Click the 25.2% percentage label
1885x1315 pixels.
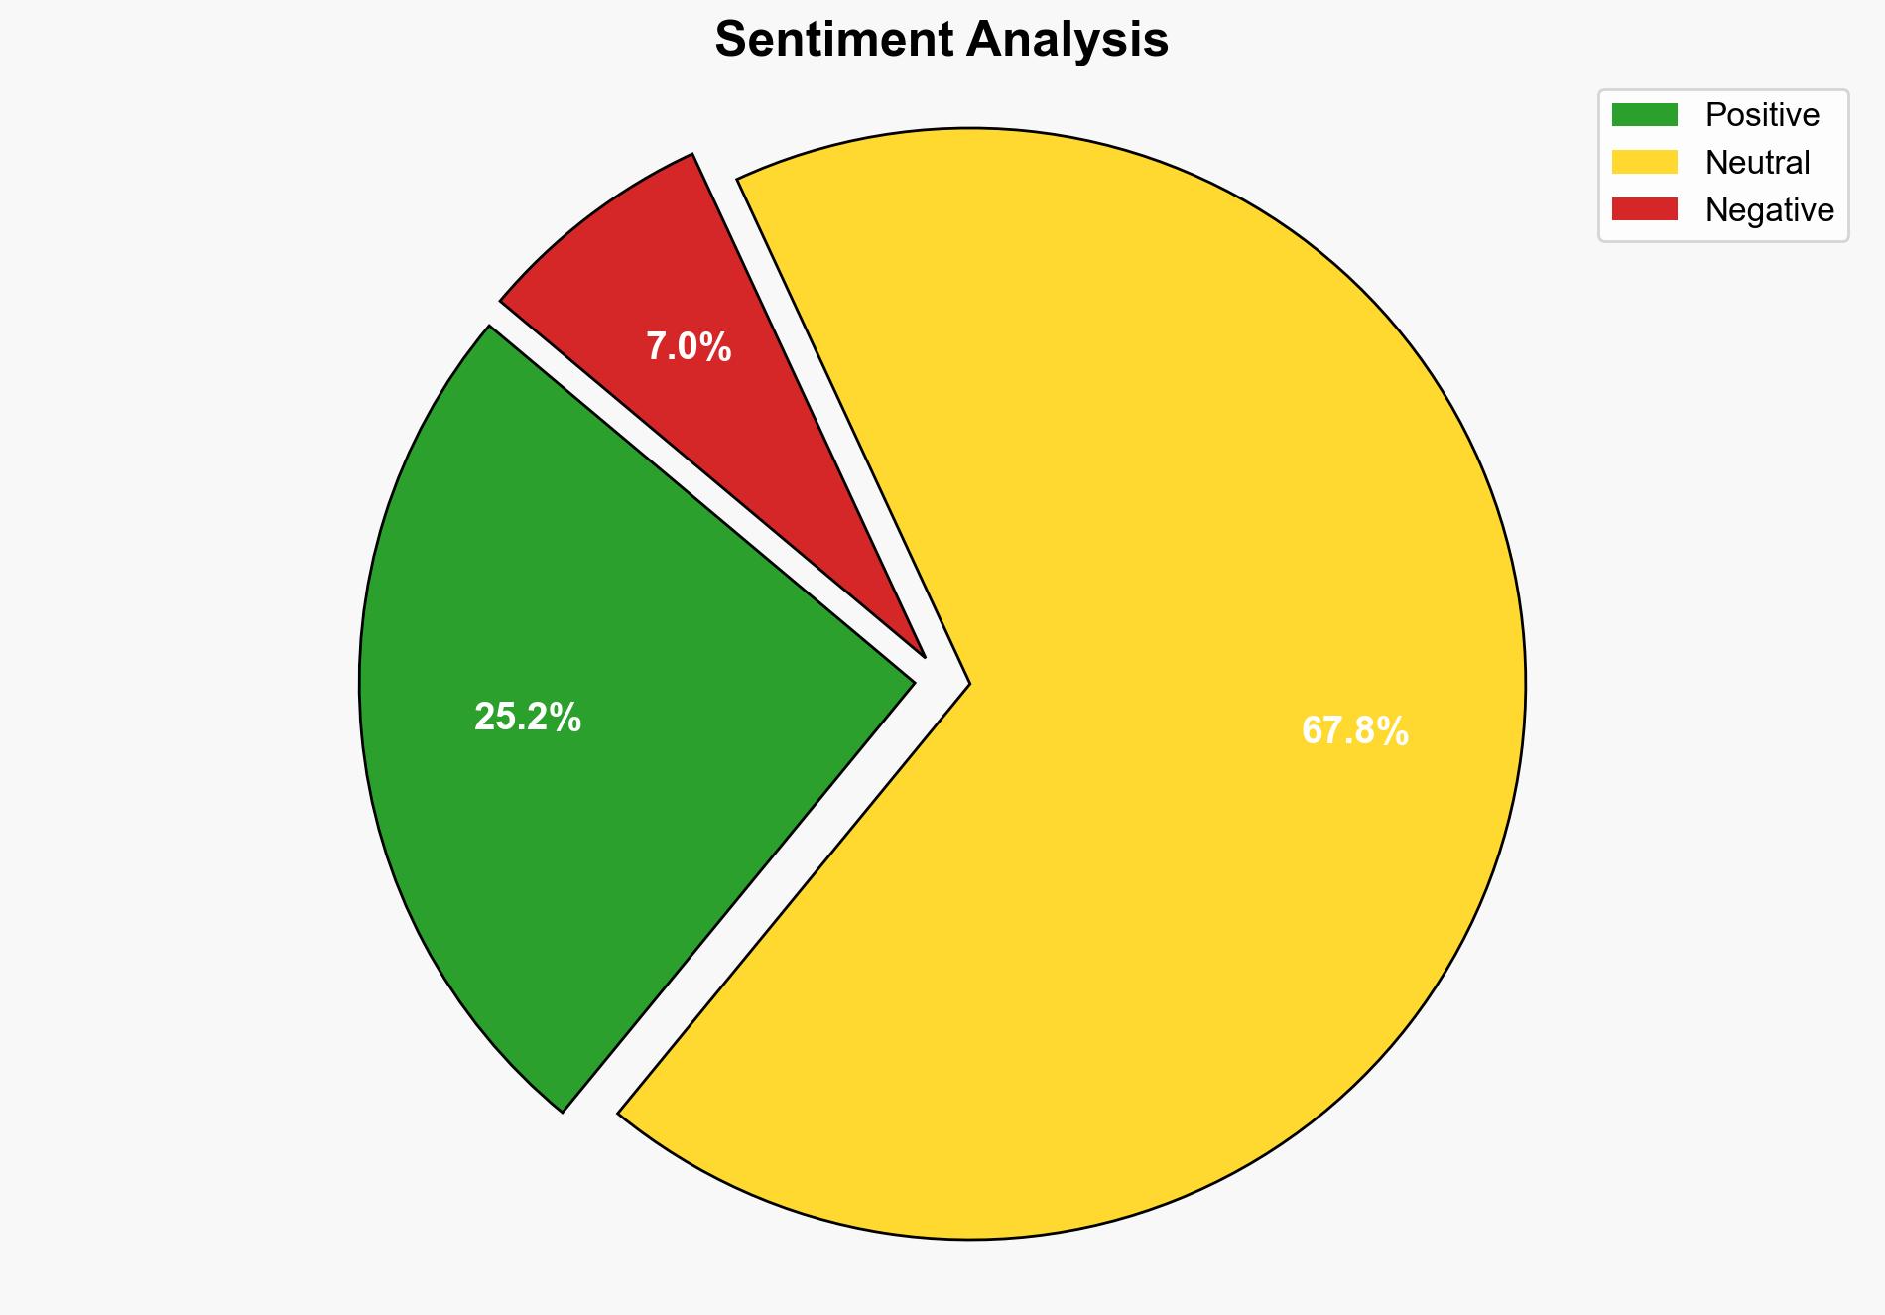click(x=527, y=717)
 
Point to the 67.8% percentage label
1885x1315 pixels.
click(x=1354, y=731)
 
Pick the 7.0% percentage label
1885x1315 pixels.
click(x=689, y=347)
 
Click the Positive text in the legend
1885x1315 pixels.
click(x=1762, y=115)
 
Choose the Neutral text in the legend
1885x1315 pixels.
click(x=1757, y=163)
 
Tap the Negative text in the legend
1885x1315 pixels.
click(x=1769, y=210)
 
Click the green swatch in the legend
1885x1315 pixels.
click(x=1644, y=115)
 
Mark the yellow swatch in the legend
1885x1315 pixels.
click(x=1644, y=162)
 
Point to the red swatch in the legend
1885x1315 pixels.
click(x=1644, y=209)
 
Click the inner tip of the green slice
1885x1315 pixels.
click(x=912, y=682)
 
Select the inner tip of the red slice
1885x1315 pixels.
click(x=924, y=655)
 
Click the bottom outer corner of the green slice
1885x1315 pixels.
click(x=563, y=1111)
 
